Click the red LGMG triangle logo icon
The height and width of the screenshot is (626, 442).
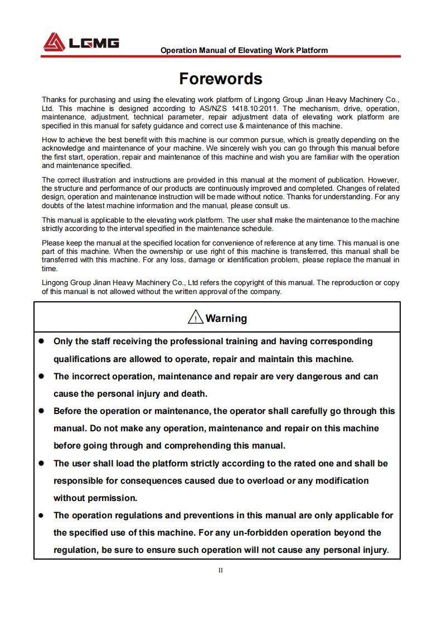(54, 42)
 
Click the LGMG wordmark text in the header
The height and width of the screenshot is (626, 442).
(94, 43)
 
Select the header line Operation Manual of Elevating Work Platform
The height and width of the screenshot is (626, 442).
(244, 50)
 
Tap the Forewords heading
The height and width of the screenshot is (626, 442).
(221, 78)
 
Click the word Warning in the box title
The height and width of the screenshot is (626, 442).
(226, 319)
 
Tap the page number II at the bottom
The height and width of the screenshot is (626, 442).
(221, 570)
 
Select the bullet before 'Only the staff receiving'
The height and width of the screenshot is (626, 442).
(41, 341)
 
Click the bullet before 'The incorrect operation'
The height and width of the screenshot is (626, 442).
(41, 377)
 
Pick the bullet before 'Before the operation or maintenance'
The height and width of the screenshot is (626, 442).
(41, 411)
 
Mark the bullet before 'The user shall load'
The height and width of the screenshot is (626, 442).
(41, 464)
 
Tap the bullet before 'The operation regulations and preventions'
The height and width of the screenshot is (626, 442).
(41, 516)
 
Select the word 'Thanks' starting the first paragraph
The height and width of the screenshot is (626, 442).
(54, 100)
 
